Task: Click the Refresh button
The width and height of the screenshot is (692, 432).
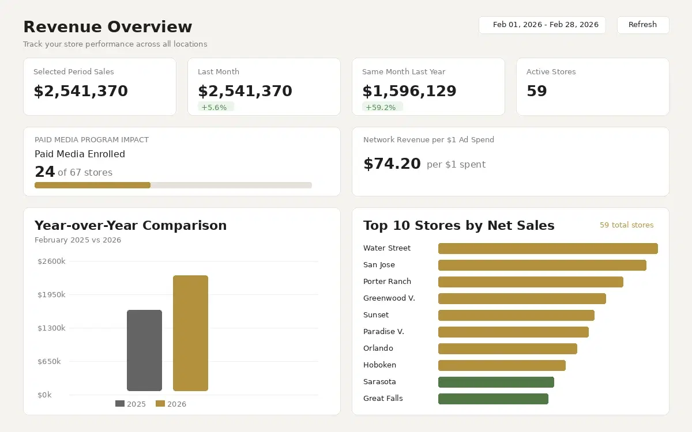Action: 642,25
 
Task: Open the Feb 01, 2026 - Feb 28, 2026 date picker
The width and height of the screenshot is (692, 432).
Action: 542,25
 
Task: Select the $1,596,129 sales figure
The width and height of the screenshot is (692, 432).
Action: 409,91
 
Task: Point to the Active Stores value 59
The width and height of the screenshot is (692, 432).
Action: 536,91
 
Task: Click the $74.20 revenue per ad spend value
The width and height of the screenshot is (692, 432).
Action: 392,164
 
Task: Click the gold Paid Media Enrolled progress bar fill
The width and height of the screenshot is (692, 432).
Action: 92,185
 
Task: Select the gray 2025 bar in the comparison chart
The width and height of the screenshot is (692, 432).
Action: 144,350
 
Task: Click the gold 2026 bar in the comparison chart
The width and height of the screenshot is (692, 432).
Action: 190,333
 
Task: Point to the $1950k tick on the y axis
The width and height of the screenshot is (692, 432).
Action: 51,295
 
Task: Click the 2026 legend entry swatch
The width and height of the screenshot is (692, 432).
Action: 160,404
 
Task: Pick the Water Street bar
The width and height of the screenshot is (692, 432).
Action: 548,248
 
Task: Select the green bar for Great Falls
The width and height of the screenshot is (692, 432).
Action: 493,399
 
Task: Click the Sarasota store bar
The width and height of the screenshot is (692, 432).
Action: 496,382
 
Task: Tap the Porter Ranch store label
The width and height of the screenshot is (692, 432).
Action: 387,282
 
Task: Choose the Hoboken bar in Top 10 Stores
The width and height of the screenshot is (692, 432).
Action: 502,365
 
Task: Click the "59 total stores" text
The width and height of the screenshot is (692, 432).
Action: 626,225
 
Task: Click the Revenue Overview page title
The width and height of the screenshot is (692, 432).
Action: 107,27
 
